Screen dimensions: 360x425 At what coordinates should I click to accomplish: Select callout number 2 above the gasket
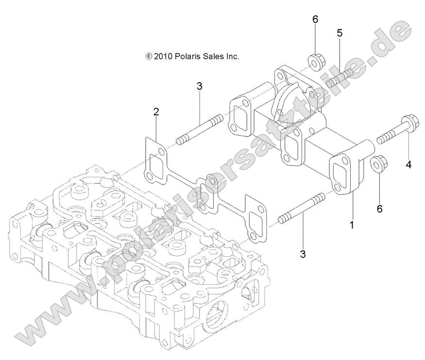point(156,112)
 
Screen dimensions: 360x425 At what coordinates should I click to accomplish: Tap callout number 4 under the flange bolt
point(408,165)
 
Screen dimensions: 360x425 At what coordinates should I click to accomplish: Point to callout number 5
point(340,33)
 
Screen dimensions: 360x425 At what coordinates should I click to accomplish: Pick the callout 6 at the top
point(315,19)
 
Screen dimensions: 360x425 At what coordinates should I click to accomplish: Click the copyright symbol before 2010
point(149,57)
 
